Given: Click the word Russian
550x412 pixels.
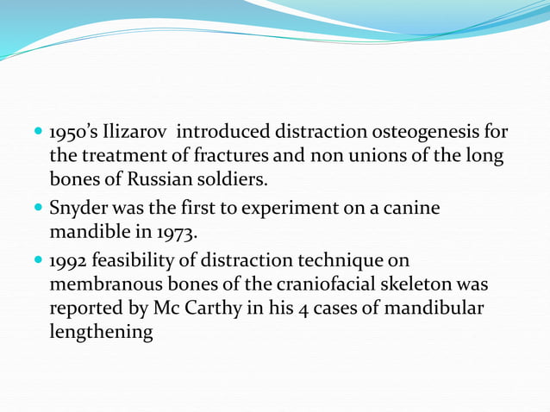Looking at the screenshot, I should (143, 181).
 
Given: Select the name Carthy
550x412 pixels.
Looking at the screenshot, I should (218, 309).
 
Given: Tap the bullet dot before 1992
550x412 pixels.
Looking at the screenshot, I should (38, 260).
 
